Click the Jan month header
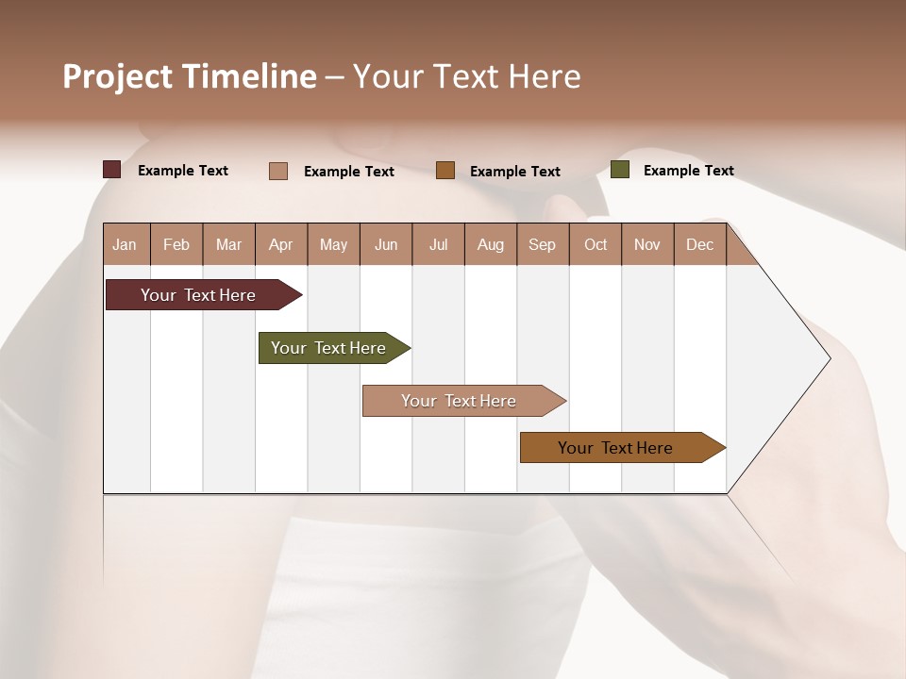click(126, 244)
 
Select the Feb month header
click(176, 244)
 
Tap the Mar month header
click(228, 244)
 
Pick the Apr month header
click(281, 244)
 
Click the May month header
click(333, 244)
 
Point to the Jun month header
click(386, 244)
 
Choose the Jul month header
click(438, 244)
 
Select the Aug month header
click(491, 244)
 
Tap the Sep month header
click(543, 244)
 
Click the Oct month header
click(596, 244)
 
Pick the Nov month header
click(647, 244)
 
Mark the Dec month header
click(700, 244)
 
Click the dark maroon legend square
click(112, 170)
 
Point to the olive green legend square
click(620, 170)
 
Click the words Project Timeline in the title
click(190, 76)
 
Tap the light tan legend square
click(278, 171)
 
